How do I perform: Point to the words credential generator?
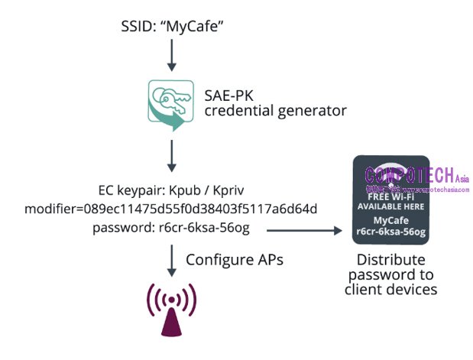pyautogui.click(x=275, y=111)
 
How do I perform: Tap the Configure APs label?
pyautogui.click(x=235, y=260)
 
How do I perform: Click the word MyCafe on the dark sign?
pyautogui.click(x=390, y=219)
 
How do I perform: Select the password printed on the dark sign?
pyautogui.click(x=390, y=230)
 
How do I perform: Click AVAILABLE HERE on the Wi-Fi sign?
pyautogui.click(x=390, y=206)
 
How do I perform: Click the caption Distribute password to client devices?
pyautogui.click(x=390, y=274)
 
